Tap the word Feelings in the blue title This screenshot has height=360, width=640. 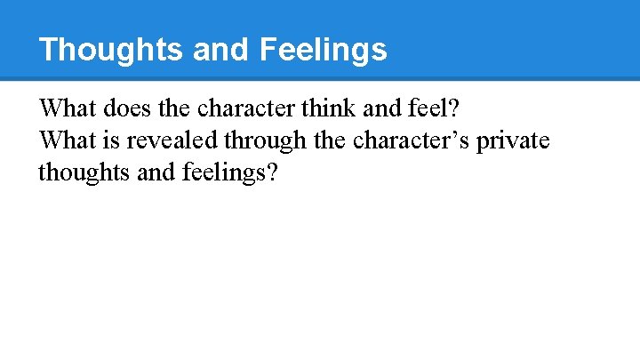click(x=324, y=50)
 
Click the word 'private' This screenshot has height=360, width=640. click(x=516, y=140)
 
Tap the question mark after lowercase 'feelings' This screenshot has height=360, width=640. click(x=271, y=172)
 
